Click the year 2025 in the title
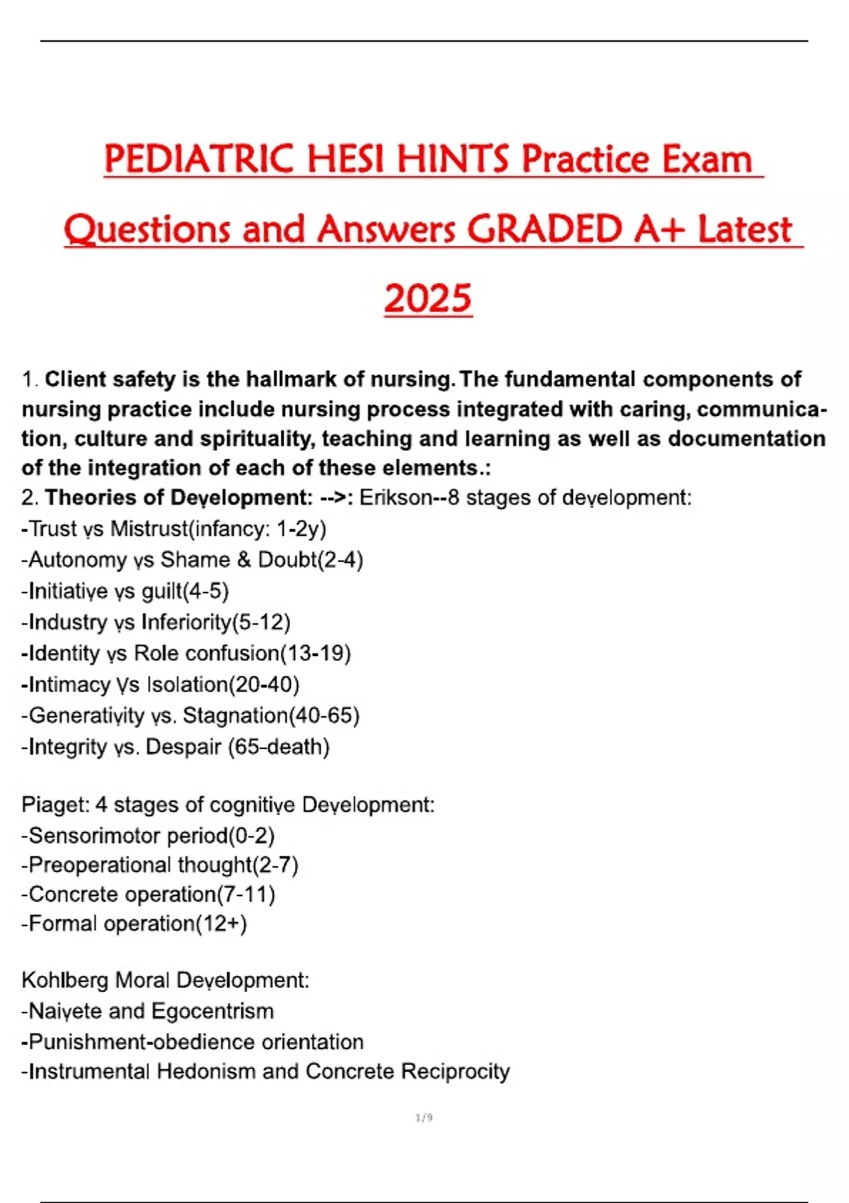coord(428,299)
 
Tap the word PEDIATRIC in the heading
coord(198,159)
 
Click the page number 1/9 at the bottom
coord(424,1118)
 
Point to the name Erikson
coord(395,497)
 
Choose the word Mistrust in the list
coord(149,529)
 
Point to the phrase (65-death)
coord(279,747)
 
